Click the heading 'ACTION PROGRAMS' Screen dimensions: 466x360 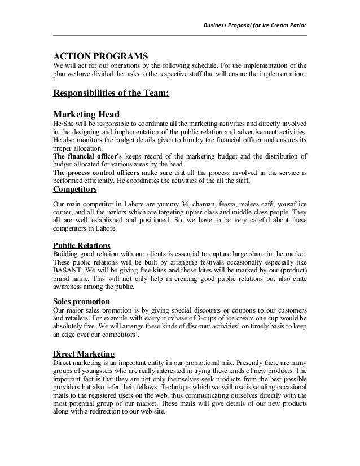(100, 57)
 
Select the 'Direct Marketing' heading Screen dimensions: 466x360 (84, 354)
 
